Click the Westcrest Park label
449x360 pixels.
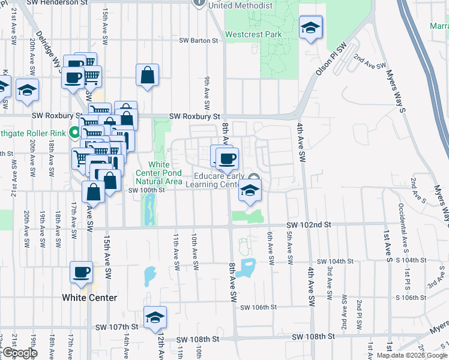253,34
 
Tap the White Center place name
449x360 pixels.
89,298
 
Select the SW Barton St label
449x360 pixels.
198,41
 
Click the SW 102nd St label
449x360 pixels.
309,224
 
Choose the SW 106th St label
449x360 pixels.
258,307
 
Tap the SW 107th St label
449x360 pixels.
117,327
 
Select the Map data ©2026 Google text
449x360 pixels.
412,355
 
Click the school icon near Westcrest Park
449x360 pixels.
310,28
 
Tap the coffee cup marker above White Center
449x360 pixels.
81,273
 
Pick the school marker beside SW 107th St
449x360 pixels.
155,317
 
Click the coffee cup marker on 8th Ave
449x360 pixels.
226,160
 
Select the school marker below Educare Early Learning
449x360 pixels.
249,191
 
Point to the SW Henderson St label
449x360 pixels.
52,2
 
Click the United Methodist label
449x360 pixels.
240,5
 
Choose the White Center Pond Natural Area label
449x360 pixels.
158,173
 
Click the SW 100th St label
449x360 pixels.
146,190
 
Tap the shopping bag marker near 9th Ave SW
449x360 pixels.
147,76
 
